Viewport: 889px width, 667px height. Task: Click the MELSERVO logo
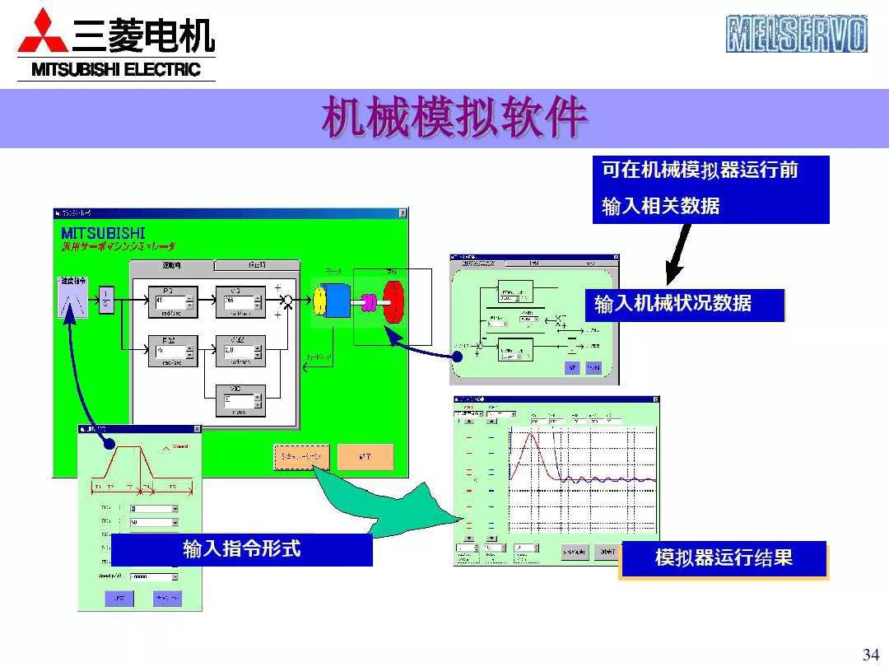(x=796, y=35)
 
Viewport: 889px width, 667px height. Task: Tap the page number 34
(x=870, y=654)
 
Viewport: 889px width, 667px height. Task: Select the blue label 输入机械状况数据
(x=673, y=303)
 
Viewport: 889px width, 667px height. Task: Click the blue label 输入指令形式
(x=241, y=549)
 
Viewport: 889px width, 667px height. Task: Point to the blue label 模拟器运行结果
(x=723, y=558)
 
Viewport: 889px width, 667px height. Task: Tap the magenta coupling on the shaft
(x=368, y=302)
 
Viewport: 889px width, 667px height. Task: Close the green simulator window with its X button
(x=403, y=213)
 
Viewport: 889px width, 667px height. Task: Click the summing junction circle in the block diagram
(x=288, y=302)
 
